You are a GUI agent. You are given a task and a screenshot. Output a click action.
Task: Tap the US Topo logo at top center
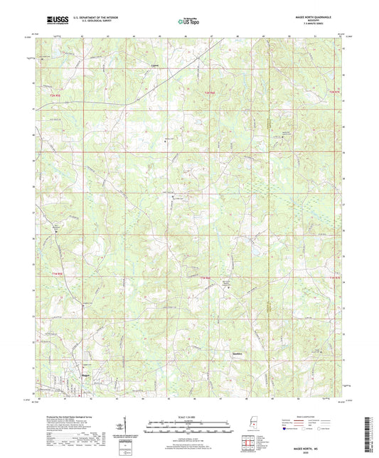189,21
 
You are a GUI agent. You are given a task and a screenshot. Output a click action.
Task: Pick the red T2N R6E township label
208,94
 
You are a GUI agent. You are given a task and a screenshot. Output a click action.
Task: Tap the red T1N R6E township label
206,277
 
